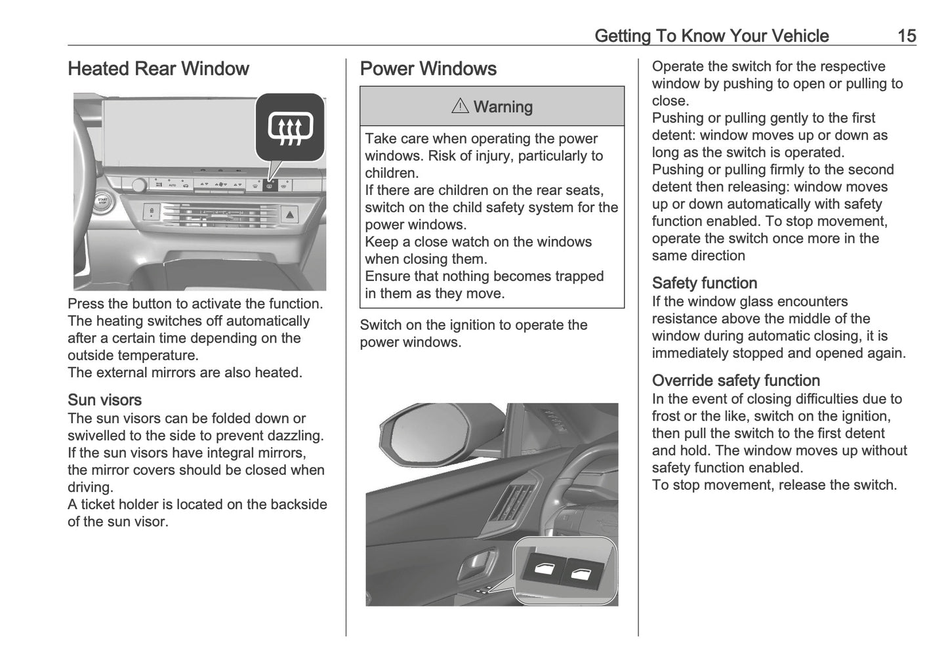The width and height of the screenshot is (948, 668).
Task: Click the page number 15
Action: (x=906, y=35)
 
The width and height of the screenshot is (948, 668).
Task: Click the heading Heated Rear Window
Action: (x=158, y=69)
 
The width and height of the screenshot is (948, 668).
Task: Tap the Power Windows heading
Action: (x=428, y=69)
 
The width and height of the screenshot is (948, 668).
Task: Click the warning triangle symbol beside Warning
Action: (x=460, y=106)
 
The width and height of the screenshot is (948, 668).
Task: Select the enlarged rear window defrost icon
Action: (x=291, y=127)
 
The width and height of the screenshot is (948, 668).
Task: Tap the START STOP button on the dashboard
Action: (x=102, y=201)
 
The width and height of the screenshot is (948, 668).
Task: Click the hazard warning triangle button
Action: (x=291, y=213)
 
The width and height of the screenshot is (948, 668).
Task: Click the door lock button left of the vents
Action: (x=152, y=212)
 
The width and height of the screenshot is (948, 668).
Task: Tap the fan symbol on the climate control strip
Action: (x=221, y=186)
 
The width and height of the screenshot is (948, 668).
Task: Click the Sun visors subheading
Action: (x=104, y=400)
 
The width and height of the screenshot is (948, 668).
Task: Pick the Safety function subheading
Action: (x=704, y=283)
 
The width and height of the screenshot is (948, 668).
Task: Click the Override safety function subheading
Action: (x=735, y=381)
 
